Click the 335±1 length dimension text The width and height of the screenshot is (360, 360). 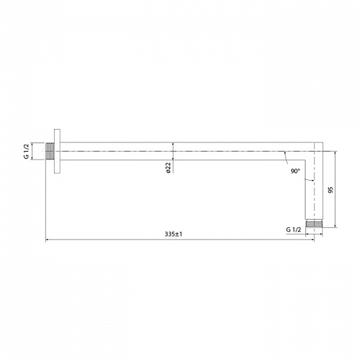pos(173,235)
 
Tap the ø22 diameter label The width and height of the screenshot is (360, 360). pos(169,169)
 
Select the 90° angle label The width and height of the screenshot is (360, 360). pos(295,172)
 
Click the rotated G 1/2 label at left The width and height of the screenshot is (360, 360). pos(27,151)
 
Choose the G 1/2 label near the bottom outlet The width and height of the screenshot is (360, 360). pos(294,230)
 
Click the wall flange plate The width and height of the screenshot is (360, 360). pos(58,151)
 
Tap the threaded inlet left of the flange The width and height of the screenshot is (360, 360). pos(50,151)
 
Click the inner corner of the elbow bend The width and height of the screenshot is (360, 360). pos(306,160)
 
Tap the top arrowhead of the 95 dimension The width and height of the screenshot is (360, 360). pos(335,145)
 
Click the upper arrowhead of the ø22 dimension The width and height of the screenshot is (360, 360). pos(173,145)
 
